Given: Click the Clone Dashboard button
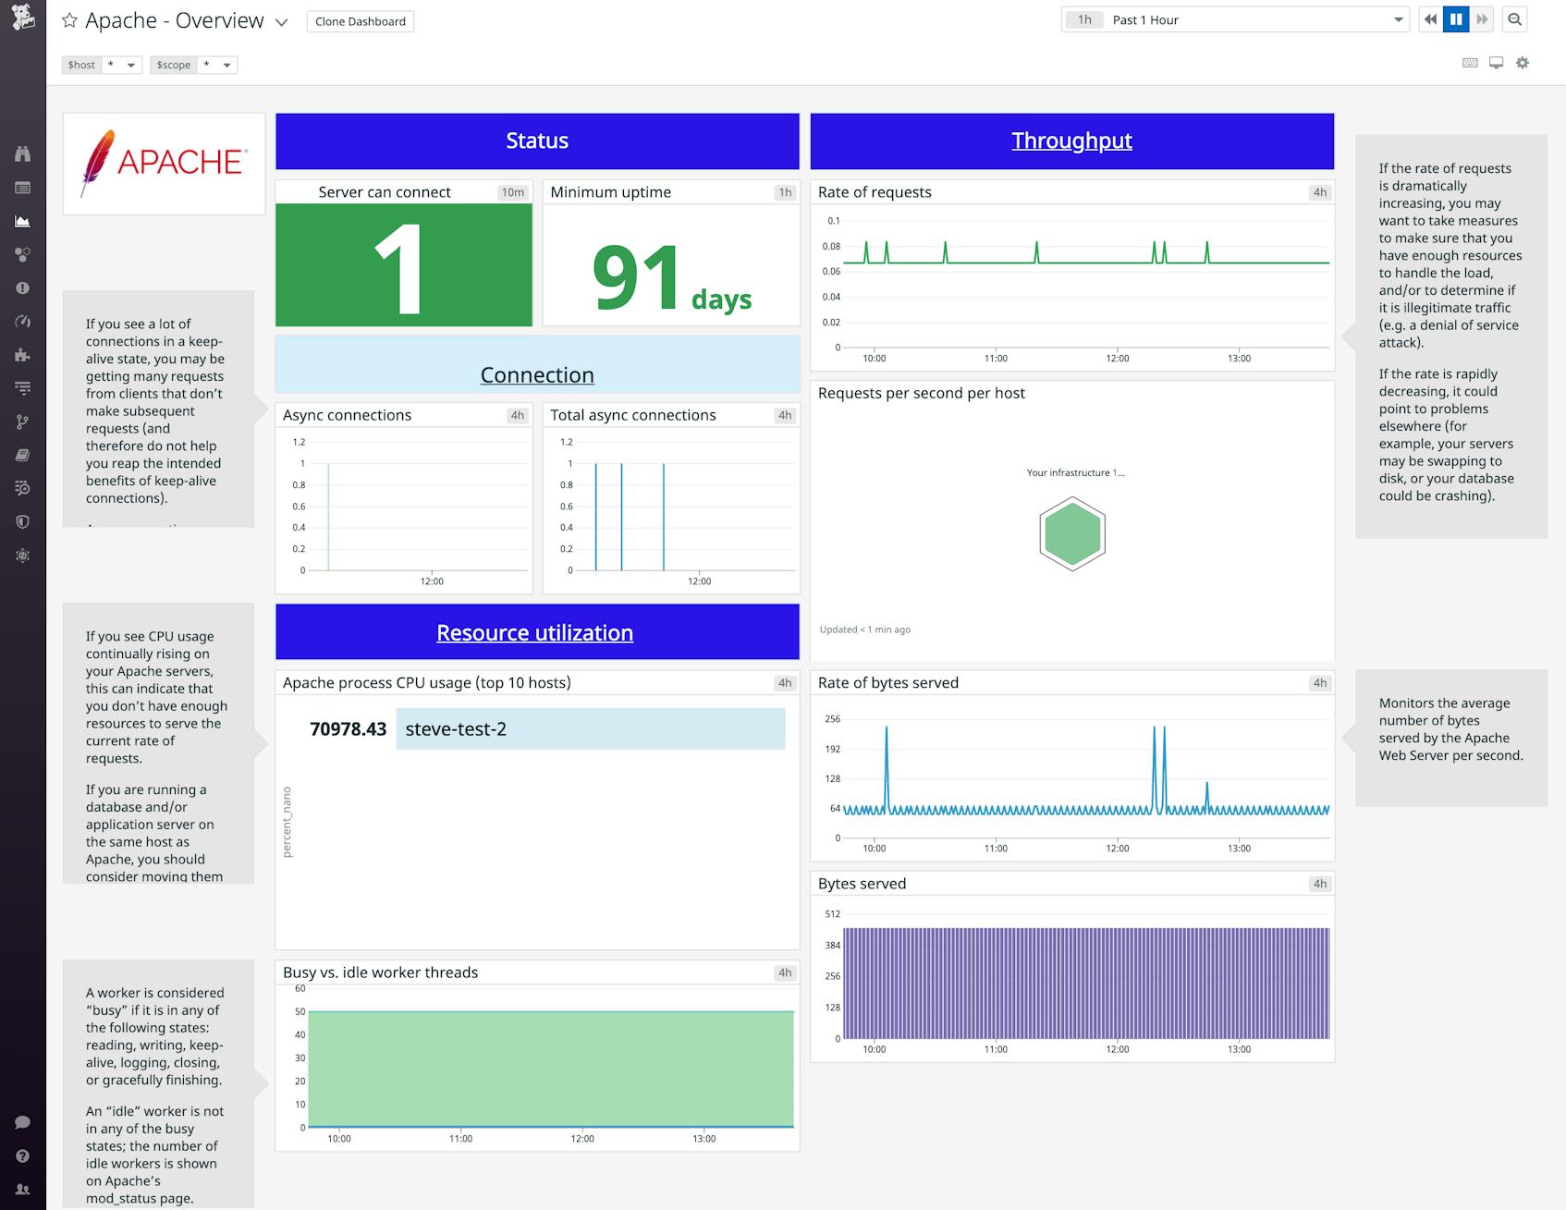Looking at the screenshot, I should [x=360, y=21].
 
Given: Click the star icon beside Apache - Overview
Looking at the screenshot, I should [x=69, y=20].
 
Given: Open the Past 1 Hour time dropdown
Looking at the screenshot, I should [x=1234, y=19].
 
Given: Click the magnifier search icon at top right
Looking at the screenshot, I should [x=1514, y=19].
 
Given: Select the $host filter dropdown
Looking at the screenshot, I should [x=120, y=65].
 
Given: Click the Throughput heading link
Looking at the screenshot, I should [x=1071, y=141].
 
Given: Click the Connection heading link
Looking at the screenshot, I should [x=536, y=374].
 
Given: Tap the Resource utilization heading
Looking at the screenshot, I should [x=534, y=632].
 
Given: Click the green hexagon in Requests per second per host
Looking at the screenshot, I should [x=1071, y=534].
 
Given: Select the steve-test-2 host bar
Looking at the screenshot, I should [x=590, y=728].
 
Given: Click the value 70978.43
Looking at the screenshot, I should [x=348, y=729].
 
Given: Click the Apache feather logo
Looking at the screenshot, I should [x=96, y=162].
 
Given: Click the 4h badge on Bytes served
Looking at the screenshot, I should [x=1319, y=884].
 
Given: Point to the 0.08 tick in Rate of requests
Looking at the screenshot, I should [x=831, y=246].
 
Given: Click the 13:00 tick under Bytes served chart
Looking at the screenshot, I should [x=1238, y=1049].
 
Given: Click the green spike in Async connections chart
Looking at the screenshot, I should [x=328, y=518].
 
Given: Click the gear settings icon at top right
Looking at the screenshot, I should [x=1523, y=63].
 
